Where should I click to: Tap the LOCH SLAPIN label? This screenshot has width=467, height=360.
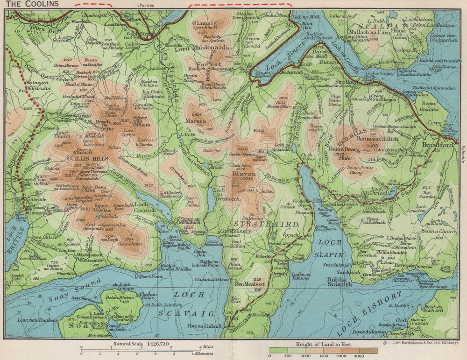[x=332, y=249]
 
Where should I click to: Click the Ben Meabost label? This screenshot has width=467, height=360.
[x=250, y=283]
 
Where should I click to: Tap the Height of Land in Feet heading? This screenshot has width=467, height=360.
[x=324, y=344]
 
